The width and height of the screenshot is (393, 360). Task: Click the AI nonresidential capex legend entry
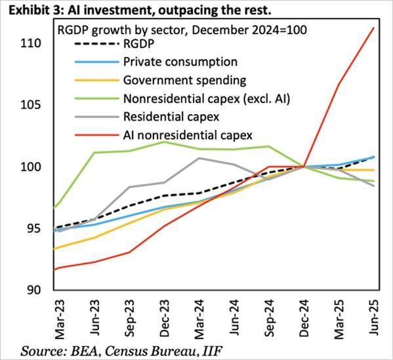click(x=187, y=136)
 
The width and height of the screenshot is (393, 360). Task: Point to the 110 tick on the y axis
click(x=31, y=43)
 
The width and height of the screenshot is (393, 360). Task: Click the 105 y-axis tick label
click(x=31, y=105)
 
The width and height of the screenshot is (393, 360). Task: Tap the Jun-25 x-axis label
click(x=373, y=317)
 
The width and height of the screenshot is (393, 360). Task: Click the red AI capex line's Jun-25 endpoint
click(x=373, y=28)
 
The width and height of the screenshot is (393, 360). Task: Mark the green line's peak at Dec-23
click(x=164, y=142)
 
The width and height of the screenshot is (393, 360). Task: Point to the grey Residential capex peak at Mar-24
click(x=199, y=158)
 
